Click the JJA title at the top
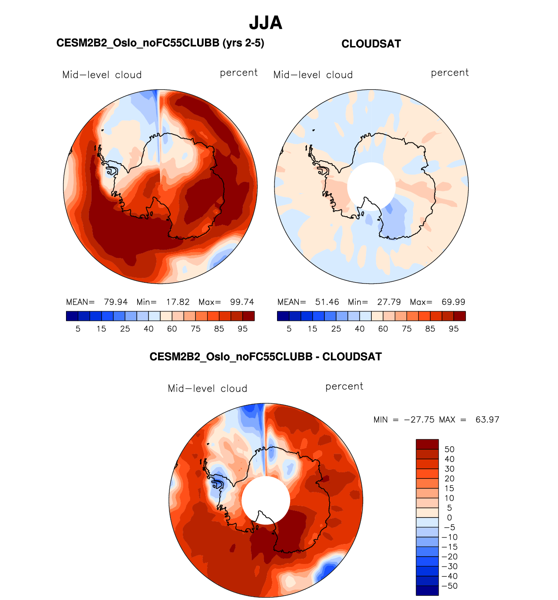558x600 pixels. pos(265,23)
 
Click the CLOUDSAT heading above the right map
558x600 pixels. pos(371,44)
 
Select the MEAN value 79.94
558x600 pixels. pos(116,302)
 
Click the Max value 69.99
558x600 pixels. pos(453,302)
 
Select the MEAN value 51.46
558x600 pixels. pos(327,302)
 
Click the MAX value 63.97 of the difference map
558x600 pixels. pos(487,419)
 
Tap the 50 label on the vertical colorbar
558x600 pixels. pos(449,449)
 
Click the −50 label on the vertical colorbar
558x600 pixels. pos(449,586)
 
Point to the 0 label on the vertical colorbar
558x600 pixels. pos(449,518)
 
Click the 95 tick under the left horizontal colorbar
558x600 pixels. pos(242,329)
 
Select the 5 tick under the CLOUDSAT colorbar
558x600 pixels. pos(289,329)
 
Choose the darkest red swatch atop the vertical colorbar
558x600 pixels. pos(427,444)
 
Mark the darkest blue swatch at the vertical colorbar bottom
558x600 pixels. pos(427,590)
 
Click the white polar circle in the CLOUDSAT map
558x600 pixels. pos(371,186)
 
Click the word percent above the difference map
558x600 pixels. pos(344,386)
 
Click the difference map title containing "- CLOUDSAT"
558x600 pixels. pos(265,357)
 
